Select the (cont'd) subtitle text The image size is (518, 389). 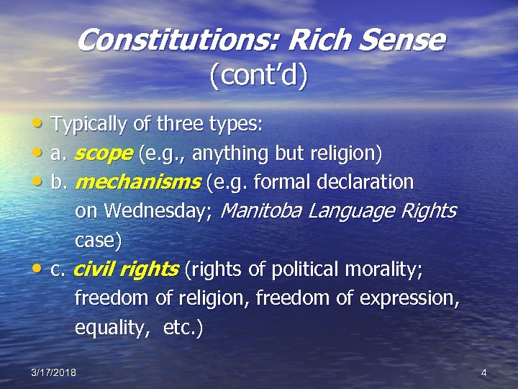pyautogui.click(x=258, y=75)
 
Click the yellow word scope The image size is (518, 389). pyautogui.click(x=103, y=153)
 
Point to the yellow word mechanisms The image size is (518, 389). pyautogui.click(x=137, y=182)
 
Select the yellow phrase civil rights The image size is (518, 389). pyautogui.click(x=126, y=269)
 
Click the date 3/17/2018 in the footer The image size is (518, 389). pyautogui.click(x=54, y=372)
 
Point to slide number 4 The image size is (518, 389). pyautogui.click(x=483, y=372)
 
